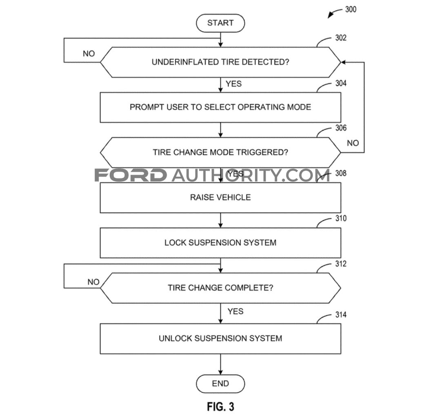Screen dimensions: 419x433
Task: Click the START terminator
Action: [x=220, y=23]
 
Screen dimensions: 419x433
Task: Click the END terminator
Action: [x=220, y=384]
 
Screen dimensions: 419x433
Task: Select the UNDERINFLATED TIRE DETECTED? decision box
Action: [x=220, y=62]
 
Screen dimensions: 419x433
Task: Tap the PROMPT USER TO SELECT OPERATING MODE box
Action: [x=220, y=107]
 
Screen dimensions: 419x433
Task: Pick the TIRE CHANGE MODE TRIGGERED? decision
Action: [x=220, y=152]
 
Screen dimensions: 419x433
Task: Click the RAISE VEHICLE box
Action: [x=220, y=197]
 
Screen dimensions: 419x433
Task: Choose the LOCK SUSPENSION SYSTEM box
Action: [x=220, y=243]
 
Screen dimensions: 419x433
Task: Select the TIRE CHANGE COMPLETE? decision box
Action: [x=220, y=288]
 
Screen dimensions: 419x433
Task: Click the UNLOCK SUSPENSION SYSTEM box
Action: [x=220, y=338]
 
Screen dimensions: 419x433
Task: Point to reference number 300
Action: [x=351, y=9]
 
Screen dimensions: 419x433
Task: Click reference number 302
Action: [x=341, y=38]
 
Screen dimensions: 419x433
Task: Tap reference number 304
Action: [x=341, y=83]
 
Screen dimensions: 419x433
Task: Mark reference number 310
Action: [x=341, y=218]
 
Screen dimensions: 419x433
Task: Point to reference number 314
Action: [x=341, y=315]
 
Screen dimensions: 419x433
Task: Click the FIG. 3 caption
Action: [x=220, y=406]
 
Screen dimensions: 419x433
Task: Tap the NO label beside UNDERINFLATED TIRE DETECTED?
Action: [x=89, y=54]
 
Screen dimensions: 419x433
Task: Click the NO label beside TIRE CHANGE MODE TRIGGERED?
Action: [x=353, y=143]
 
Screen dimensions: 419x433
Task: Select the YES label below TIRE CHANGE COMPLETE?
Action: [x=235, y=311]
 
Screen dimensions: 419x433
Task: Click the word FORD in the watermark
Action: [x=131, y=175]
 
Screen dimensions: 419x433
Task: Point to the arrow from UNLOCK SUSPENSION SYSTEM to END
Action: [x=220, y=364]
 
